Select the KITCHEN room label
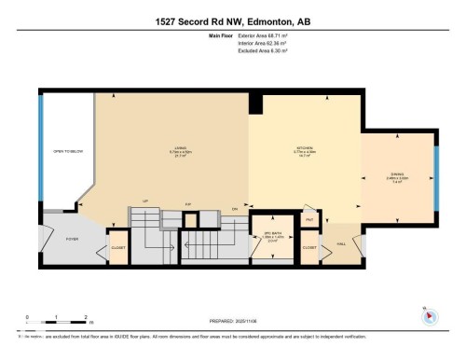point(304,147)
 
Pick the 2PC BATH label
point(273,233)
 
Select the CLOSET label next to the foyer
point(118,248)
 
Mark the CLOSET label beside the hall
point(309,248)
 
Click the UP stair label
point(144,201)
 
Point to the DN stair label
point(235,208)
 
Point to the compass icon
point(430,316)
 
